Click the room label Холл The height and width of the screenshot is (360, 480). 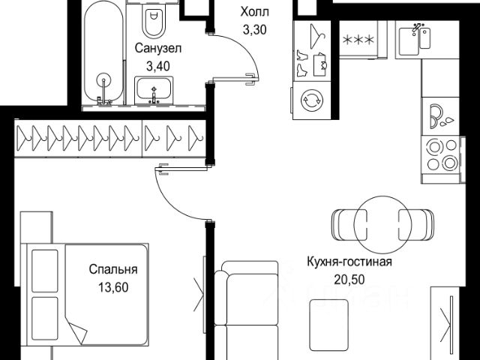point(252,12)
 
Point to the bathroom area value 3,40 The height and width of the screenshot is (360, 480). point(158,65)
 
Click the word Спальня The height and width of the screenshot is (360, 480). point(112,269)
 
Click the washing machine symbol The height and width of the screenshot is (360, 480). point(310,100)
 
